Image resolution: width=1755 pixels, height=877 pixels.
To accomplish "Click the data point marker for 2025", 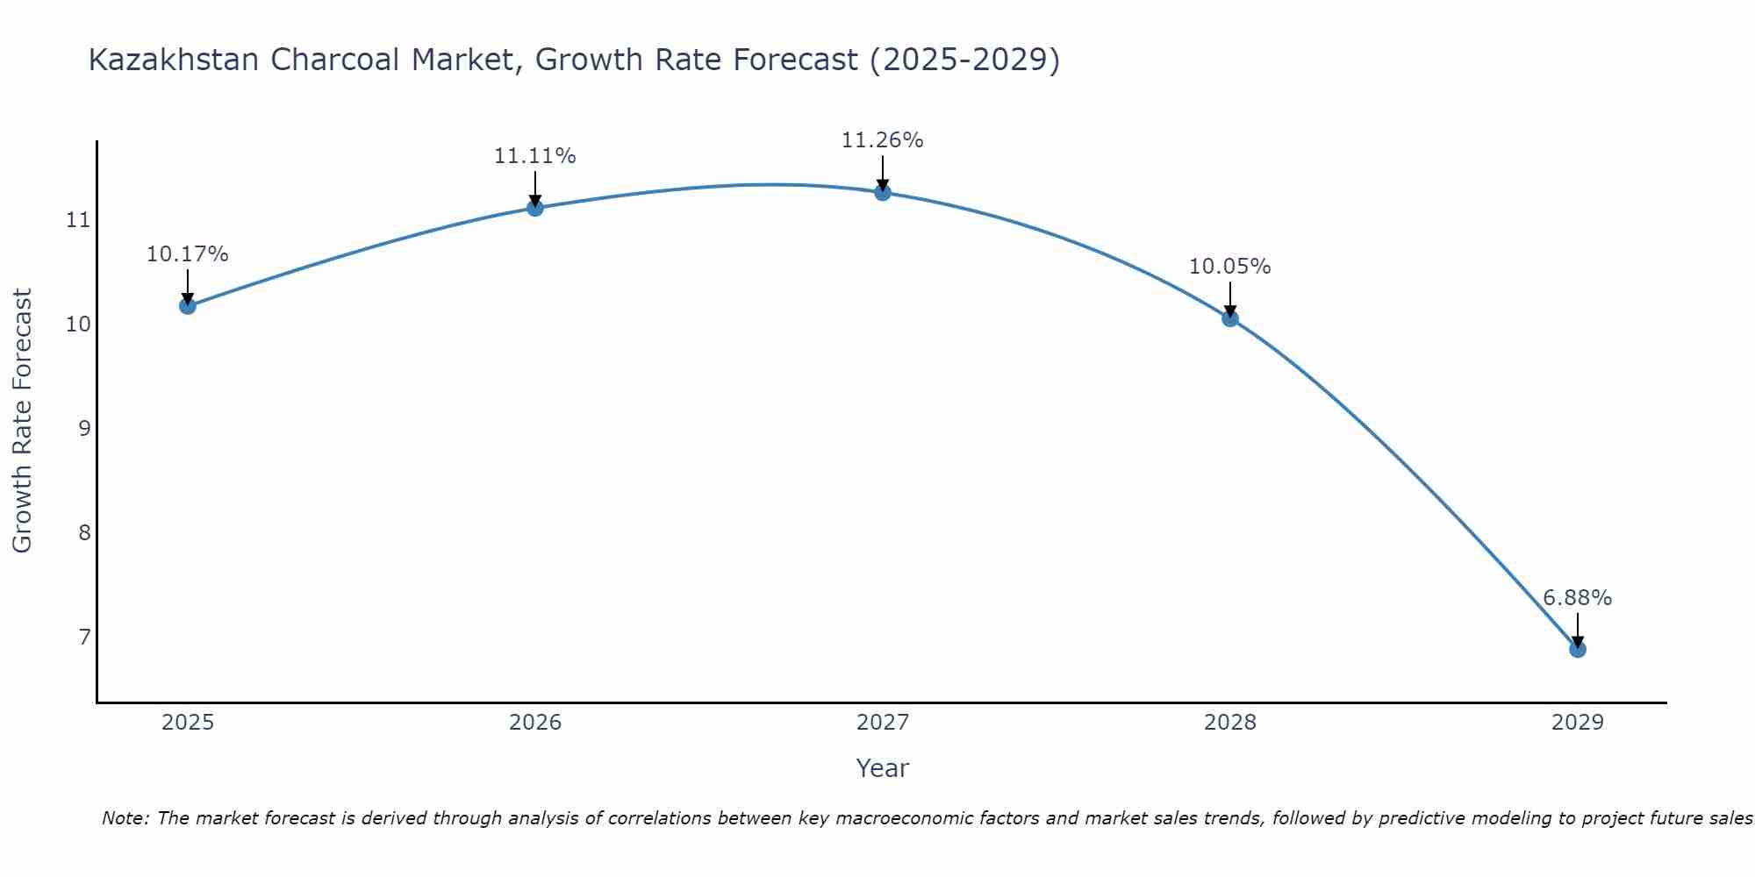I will click(187, 306).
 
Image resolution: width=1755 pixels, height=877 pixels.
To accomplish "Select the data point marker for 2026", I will click(534, 208).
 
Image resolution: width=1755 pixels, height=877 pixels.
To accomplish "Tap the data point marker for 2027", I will click(882, 192).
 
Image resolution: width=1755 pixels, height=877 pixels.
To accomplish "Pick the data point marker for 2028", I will click(1229, 318).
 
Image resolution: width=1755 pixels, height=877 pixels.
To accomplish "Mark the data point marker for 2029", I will click(1577, 649).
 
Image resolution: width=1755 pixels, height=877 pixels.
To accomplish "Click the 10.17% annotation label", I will click(187, 254).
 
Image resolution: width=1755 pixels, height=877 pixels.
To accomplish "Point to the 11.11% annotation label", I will click(534, 156).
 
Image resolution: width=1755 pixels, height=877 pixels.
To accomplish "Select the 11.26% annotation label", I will click(882, 140).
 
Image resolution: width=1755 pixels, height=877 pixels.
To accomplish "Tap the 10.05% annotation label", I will click(1229, 267).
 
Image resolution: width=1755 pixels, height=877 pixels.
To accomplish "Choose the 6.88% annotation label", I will click(1577, 598).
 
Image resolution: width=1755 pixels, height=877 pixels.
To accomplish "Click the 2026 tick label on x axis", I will click(535, 723).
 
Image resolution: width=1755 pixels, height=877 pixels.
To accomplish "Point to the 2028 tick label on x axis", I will click(1229, 723).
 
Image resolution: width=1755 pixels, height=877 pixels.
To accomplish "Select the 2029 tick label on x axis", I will click(1577, 723).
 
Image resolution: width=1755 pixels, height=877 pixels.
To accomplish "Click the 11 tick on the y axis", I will click(78, 220).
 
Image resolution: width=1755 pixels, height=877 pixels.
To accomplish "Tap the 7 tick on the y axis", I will click(84, 637).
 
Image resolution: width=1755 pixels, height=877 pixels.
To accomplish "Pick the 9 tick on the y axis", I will click(84, 429).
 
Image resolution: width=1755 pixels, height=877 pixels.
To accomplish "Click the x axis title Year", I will click(882, 768).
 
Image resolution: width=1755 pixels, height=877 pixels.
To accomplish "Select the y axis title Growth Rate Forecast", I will click(22, 421).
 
